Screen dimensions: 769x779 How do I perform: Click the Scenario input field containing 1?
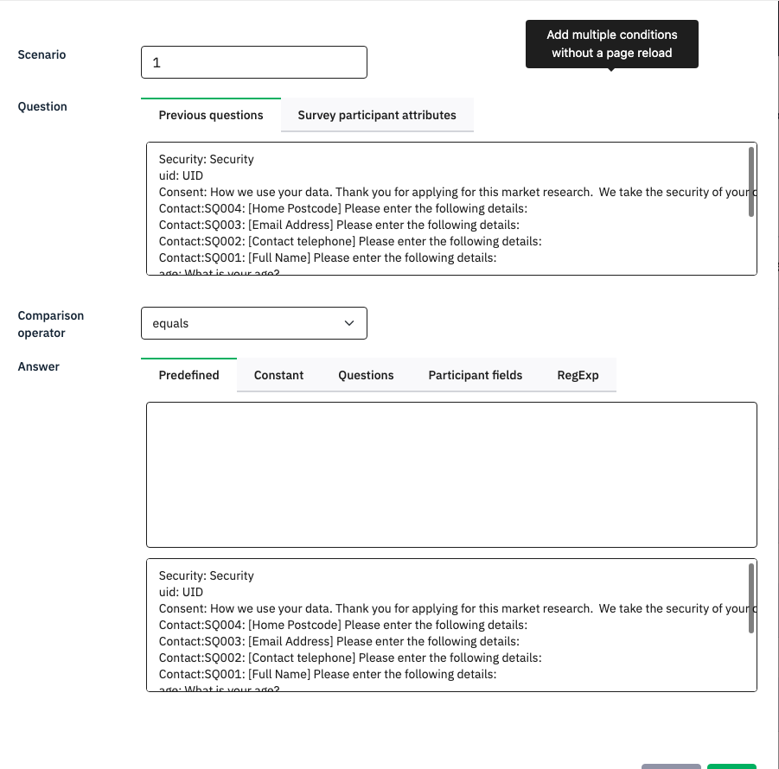tap(253, 62)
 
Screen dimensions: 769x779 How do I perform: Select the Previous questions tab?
tap(211, 115)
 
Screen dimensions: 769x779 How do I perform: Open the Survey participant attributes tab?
tap(377, 115)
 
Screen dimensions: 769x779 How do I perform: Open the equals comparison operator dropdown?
tap(253, 323)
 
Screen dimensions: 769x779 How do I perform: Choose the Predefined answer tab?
tap(188, 375)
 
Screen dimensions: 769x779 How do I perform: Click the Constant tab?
tap(278, 375)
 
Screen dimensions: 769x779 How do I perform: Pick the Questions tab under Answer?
tap(366, 375)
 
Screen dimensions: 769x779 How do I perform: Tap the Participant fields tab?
tap(475, 375)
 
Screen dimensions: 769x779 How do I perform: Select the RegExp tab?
tap(578, 375)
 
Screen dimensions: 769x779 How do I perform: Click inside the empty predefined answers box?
tap(451, 474)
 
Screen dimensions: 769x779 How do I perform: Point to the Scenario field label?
tap(42, 54)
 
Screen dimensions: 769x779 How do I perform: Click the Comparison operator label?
tap(50, 324)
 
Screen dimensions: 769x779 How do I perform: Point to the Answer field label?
tap(39, 366)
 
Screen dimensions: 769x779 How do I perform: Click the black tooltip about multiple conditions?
tap(611, 44)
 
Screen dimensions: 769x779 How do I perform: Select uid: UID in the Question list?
tap(182, 175)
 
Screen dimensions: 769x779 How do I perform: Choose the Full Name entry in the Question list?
tap(328, 257)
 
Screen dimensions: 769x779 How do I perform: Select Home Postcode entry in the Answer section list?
tap(343, 625)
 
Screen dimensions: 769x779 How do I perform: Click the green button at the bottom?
tap(731, 766)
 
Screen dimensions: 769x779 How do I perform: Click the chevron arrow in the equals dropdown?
tap(349, 323)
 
